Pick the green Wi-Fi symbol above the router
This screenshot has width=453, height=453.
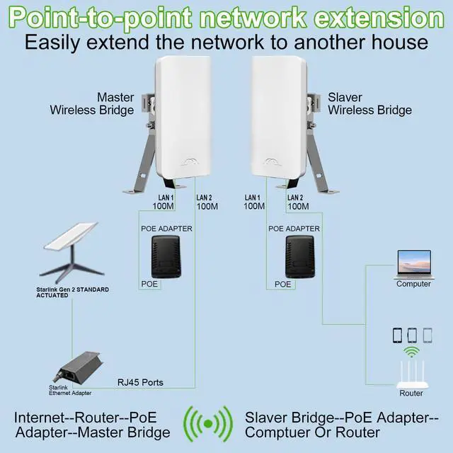pyautogui.click(x=411, y=352)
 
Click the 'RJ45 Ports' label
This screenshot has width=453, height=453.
pyautogui.click(x=140, y=383)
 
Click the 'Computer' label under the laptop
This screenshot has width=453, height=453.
pyautogui.click(x=413, y=284)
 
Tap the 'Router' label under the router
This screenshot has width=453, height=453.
pyautogui.click(x=411, y=394)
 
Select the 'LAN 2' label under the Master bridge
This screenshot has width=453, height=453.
pyautogui.click(x=204, y=197)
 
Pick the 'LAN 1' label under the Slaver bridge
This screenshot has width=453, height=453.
pyautogui.click(x=253, y=197)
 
